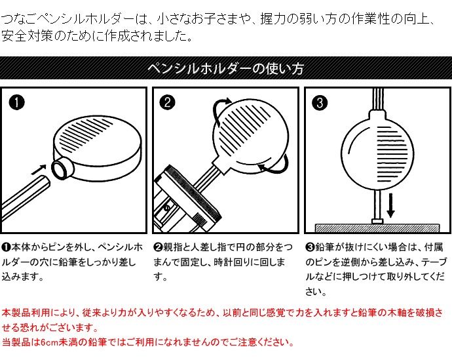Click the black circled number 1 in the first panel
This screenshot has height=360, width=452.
coord(17,103)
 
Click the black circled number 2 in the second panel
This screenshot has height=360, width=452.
coord(168,102)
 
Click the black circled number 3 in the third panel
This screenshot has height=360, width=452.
coord(320,102)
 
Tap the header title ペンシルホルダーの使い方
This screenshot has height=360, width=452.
coord(226,69)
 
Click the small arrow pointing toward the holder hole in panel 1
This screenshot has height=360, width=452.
coord(39,170)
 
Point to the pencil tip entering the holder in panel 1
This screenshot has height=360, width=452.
coord(43,182)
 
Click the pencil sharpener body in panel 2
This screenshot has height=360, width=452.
coord(185,202)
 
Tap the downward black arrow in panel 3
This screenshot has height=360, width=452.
coord(390,205)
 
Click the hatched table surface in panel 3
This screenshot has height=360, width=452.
coord(377,228)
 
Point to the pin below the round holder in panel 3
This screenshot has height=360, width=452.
coord(377,207)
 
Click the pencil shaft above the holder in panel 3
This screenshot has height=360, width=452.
coord(378,99)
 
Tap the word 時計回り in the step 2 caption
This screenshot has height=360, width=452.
coord(235,262)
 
